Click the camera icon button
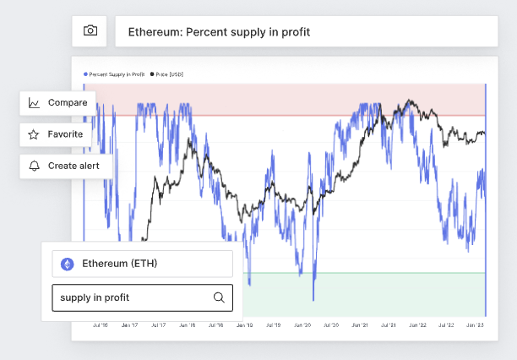pos(90,31)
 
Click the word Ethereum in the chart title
pos(154,32)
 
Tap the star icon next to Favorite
pos(34,134)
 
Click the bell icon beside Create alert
pos(34,166)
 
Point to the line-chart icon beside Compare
pos(34,103)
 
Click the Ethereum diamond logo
pos(68,264)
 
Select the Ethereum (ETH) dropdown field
pos(142,264)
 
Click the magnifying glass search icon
pos(219,297)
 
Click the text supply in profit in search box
pos(95,297)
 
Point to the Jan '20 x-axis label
pos(302,325)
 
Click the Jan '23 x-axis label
pos(475,325)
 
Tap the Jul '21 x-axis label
pos(389,325)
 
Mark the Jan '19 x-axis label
pos(244,325)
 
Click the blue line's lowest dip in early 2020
pos(313,299)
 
